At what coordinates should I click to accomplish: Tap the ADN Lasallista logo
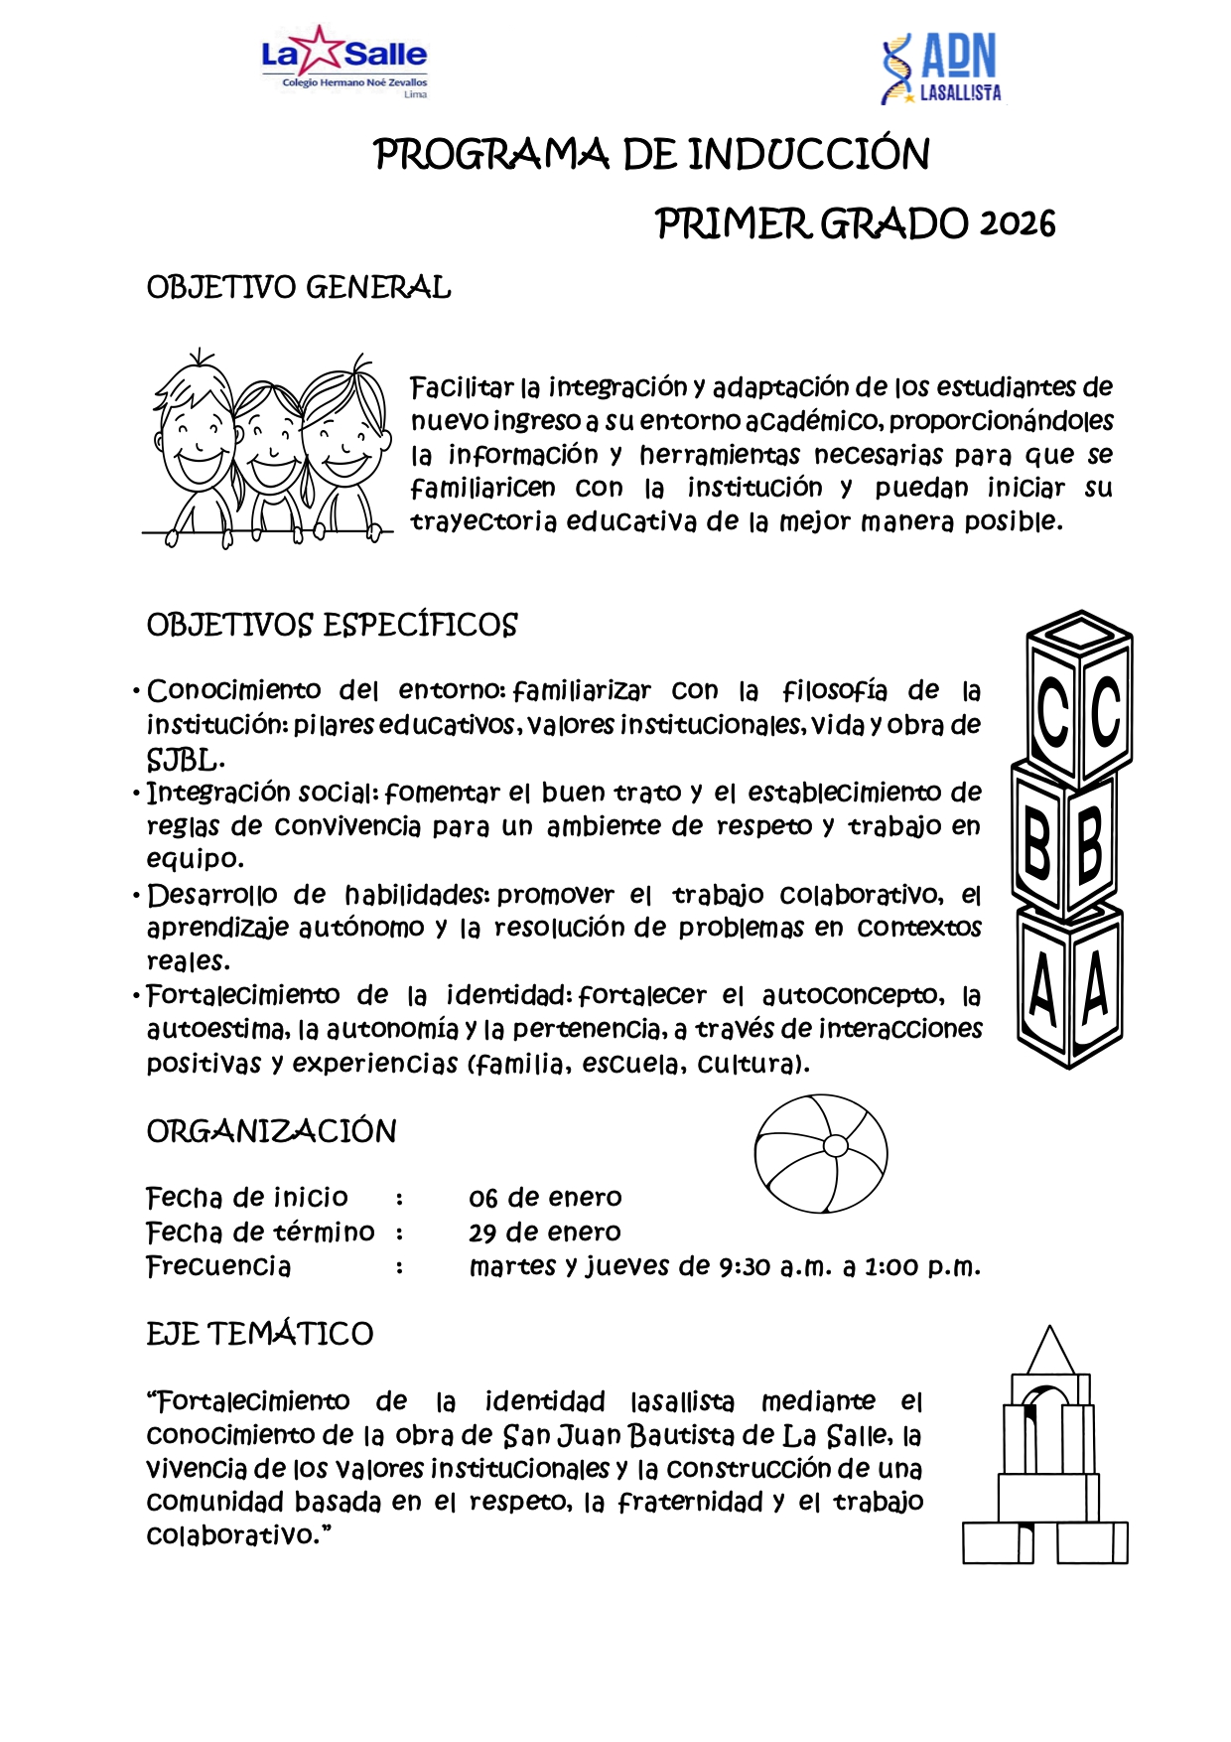(x=941, y=69)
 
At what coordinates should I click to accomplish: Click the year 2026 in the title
(x=1018, y=224)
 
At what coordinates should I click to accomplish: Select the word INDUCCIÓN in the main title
(x=808, y=155)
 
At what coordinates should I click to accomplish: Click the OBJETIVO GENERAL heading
(x=299, y=288)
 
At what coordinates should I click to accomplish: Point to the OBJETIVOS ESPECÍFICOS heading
(x=332, y=626)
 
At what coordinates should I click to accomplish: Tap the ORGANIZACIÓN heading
(x=271, y=1131)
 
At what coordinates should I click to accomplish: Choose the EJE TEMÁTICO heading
(x=260, y=1334)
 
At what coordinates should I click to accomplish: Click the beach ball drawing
(x=821, y=1153)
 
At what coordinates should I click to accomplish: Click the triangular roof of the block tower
(x=1050, y=1352)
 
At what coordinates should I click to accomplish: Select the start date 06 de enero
(x=545, y=1198)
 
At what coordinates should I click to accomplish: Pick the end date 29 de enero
(x=545, y=1233)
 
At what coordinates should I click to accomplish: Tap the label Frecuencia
(x=218, y=1266)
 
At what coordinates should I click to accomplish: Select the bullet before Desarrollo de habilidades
(x=136, y=896)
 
